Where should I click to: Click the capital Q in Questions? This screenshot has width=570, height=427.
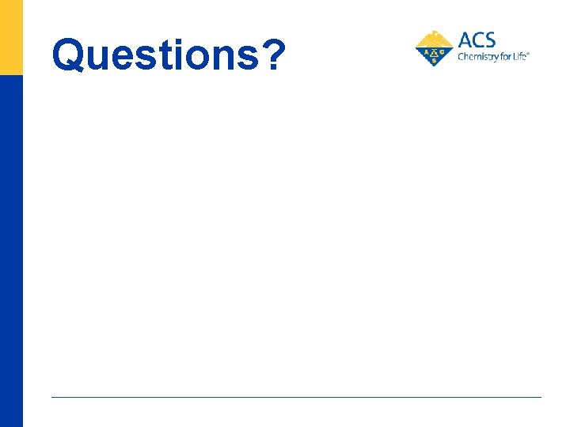tap(70, 55)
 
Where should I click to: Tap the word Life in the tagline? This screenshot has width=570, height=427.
tap(517, 57)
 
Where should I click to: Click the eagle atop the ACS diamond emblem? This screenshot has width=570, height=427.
tap(434, 36)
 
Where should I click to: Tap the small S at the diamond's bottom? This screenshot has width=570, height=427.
tap(434, 61)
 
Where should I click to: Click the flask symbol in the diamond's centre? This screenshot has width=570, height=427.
tap(434, 51)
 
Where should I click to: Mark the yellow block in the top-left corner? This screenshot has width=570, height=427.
tap(11, 36)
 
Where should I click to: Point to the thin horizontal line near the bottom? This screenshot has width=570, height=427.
tap(296, 397)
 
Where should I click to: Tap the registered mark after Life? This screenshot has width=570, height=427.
tap(528, 54)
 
